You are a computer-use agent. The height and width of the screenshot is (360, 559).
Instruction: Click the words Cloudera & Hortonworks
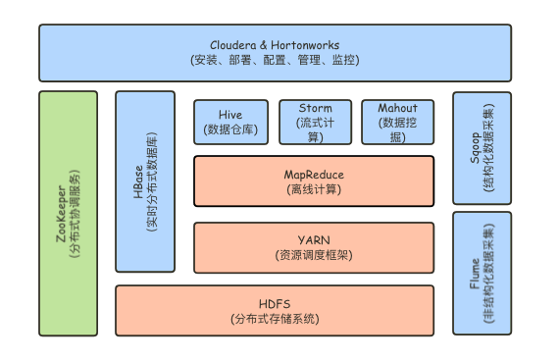(x=275, y=44)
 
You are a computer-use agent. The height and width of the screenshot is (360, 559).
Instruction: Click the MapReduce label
(x=314, y=174)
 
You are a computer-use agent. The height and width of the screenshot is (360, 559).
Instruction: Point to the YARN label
(x=314, y=238)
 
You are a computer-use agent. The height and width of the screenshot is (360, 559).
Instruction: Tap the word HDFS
(x=275, y=303)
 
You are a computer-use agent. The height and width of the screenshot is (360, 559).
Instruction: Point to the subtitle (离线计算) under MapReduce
(x=314, y=189)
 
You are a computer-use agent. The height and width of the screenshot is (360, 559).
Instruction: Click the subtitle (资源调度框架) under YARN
(x=314, y=254)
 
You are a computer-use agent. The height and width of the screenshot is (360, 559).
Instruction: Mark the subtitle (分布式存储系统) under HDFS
(x=275, y=319)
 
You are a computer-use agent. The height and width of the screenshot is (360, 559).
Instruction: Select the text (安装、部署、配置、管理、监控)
(x=275, y=60)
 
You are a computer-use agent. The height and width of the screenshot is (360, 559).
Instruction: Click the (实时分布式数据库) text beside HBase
(x=153, y=181)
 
